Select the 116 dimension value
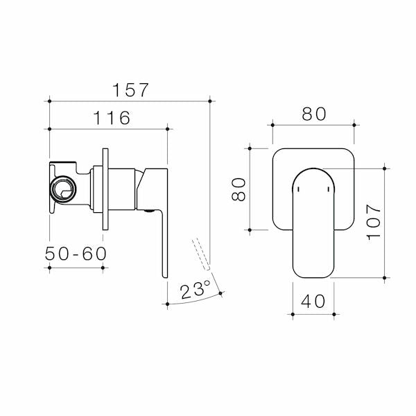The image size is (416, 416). pos(109,118)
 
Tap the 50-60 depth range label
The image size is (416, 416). pos(76,254)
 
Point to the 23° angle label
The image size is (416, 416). pos(195,291)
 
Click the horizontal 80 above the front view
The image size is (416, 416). pos(313,114)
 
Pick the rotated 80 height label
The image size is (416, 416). pos(238,189)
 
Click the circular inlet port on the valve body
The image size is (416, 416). pos(64,187)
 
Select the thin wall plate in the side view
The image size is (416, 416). pos(105,189)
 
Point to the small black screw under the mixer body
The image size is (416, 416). pos(148,209)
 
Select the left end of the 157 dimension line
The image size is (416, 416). pos(50,101)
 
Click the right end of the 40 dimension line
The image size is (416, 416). pos(334,315)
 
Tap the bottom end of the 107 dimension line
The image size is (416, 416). pos(385,277)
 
